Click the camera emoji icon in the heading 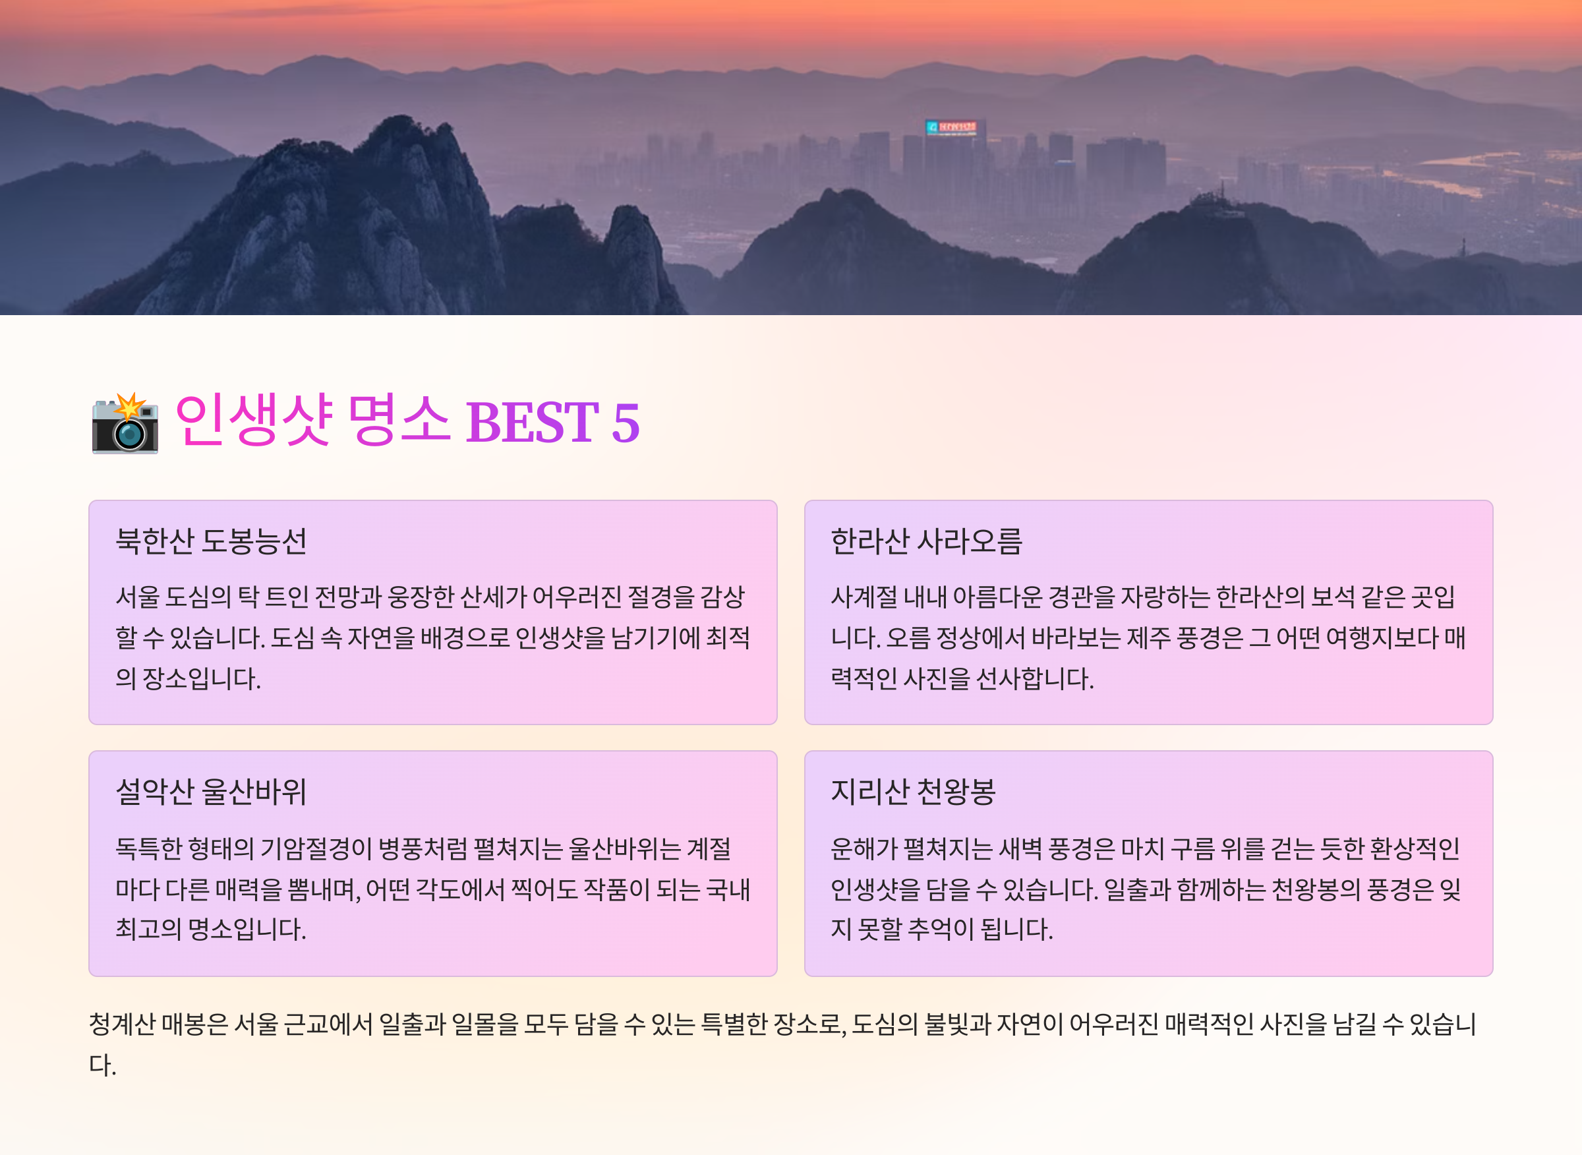pyautogui.click(x=125, y=423)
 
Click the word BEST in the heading pyautogui.click(x=532, y=423)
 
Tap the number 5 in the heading pyautogui.click(x=625, y=423)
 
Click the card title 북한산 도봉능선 pyautogui.click(x=211, y=541)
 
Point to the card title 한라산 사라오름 pyautogui.click(x=926, y=541)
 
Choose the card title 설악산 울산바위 pyautogui.click(x=211, y=792)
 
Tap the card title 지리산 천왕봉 pyautogui.click(x=913, y=792)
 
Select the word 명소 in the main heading pyautogui.click(x=399, y=419)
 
